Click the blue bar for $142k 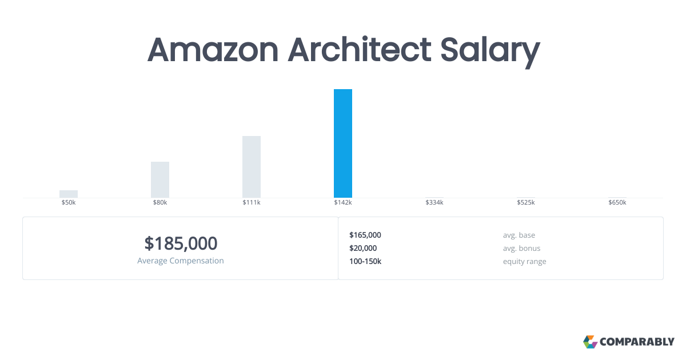click(x=343, y=143)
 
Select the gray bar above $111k click(x=252, y=167)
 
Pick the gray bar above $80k click(x=160, y=179)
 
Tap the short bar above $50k click(x=69, y=194)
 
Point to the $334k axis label click(x=434, y=203)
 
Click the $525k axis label click(x=526, y=203)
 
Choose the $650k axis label click(x=617, y=203)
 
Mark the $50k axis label click(x=69, y=203)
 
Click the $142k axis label click(x=343, y=203)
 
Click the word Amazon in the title click(x=213, y=50)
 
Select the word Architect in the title click(x=360, y=50)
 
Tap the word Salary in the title click(x=489, y=50)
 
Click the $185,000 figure click(x=181, y=243)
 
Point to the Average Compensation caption click(x=181, y=261)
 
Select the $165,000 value click(x=365, y=235)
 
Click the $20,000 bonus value click(x=363, y=248)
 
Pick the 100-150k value click(x=365, y=261)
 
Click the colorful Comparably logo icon click(x=590, y=342)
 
